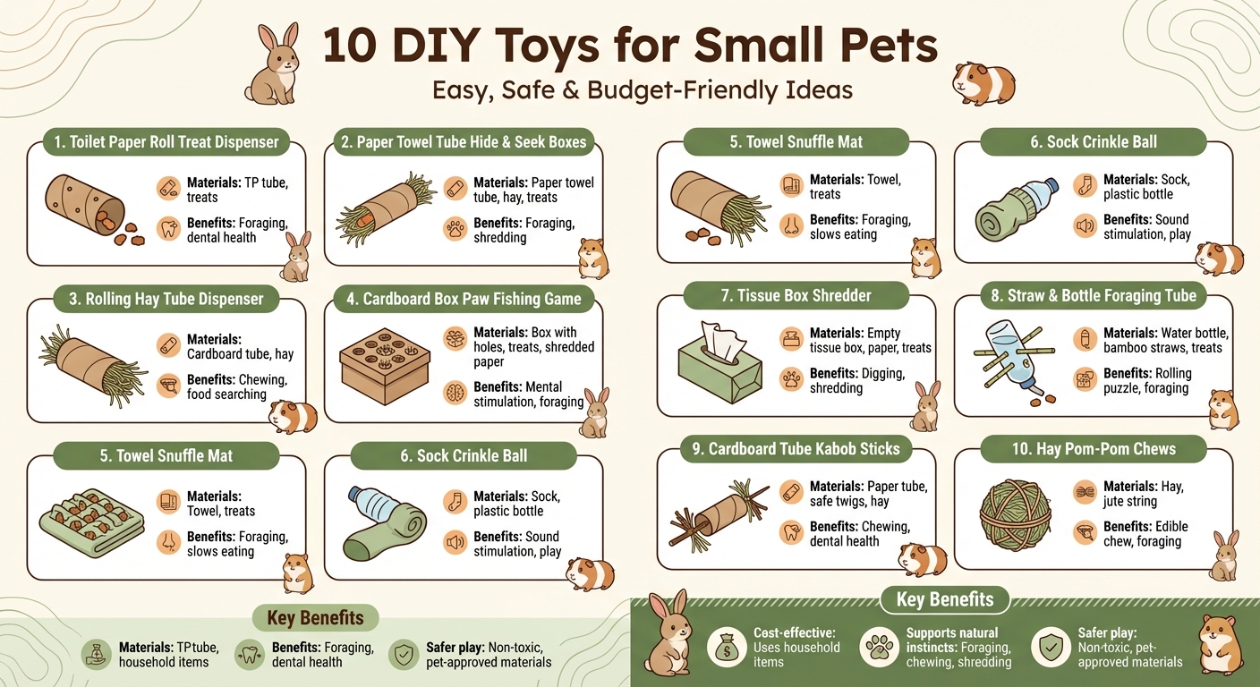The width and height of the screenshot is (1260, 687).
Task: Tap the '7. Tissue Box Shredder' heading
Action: (x=796, y=295)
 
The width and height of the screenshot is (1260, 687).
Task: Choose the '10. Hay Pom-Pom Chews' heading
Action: (x=1094, y=449)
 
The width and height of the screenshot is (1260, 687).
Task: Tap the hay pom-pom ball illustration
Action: (x=1014, y=515)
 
